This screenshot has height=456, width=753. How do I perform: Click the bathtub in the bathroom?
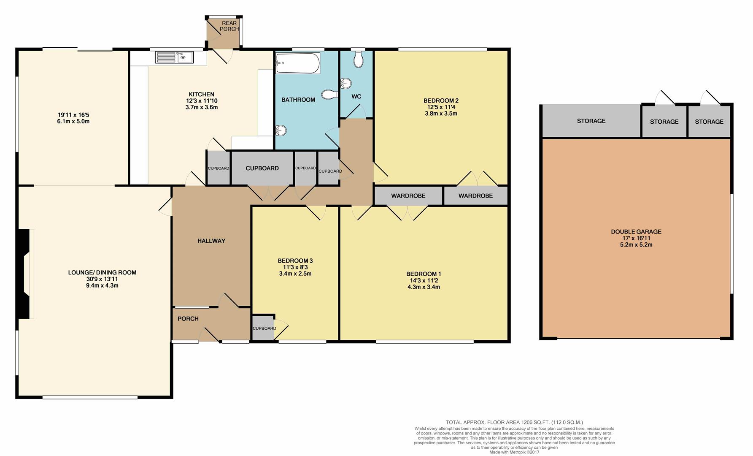pos(297,63)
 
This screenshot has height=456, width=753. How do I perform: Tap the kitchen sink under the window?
pos(174,57)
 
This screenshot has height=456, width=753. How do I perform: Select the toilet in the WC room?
pos(359,60)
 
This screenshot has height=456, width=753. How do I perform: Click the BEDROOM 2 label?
pos(441,100)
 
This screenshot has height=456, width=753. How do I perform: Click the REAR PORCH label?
pos(229,26)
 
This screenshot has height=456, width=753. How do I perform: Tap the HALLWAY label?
pos(211,241)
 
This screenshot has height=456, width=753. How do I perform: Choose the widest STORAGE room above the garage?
pos(591,121)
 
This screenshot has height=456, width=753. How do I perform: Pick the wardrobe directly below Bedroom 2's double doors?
pos(475,196)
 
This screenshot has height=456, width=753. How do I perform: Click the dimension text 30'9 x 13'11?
pos(102,279)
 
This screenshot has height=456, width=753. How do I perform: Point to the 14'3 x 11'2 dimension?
pos(424,280)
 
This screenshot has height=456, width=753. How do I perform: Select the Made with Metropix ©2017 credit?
pos(514,452)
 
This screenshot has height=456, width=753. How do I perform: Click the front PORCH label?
pos(188,319)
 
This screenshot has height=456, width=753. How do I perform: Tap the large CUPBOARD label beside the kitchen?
pos(262,168)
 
